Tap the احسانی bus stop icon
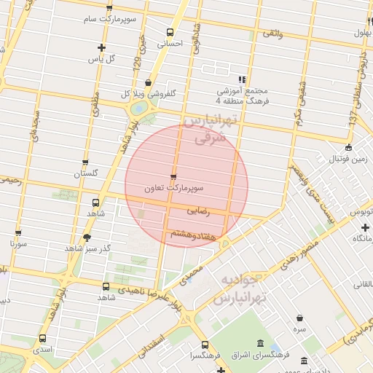170,32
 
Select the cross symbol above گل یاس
101,48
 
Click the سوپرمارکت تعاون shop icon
173,177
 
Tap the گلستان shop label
85,174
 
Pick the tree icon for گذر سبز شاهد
87,237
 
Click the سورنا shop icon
18,233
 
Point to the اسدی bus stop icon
42,338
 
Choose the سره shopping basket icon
300,318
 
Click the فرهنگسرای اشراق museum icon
261,343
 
